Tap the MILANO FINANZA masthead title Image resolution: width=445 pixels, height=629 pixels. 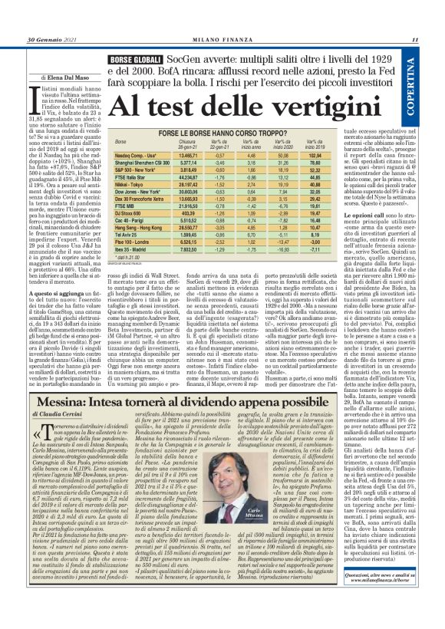(x=222, y=39)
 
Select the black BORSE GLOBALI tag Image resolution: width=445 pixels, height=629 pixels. (x=136, y=58)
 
